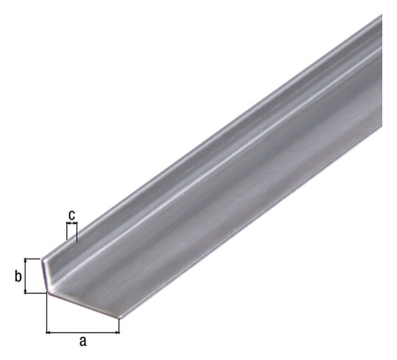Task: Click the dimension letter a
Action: click(83, 342)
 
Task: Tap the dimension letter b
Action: click(18, 276)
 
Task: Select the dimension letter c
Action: click(72, 215)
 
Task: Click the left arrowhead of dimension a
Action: click(49, 333)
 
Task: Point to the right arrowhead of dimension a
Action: click(117, 333)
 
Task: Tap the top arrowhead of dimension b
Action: click(25, 261)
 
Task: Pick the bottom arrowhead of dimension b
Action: click(25, 291)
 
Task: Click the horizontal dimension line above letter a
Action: click(83, 333)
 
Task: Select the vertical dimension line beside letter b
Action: click(25, 276)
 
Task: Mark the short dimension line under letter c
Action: click(71, 223)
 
